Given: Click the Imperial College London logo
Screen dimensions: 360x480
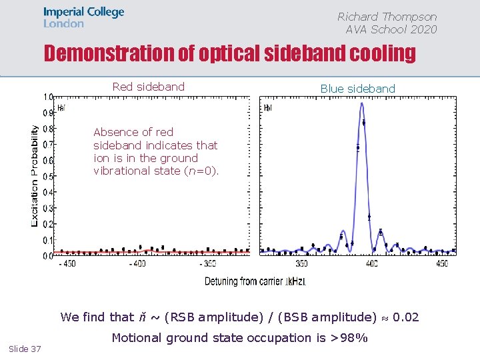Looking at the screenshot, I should [x=83, y=17].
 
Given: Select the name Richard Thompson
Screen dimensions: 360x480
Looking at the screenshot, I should [x=387, y=17].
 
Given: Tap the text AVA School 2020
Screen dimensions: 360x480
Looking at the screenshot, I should [x=391, y=29].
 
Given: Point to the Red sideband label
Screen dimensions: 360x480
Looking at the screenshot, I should [x=148, y=87].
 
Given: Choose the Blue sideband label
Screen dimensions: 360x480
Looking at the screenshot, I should [x=357, y=89].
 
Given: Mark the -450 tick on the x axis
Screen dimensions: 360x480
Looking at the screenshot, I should [x=66, y=264].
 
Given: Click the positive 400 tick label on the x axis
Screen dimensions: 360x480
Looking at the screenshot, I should [x=371, y=264].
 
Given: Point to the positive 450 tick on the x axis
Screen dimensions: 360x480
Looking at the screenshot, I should [x=441, y=264].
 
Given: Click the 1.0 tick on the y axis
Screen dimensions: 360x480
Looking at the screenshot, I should [x=49, y=97].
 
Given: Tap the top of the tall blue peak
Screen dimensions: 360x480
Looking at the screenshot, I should [x=361, y=103].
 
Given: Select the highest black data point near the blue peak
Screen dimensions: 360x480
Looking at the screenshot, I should [x=363, y=123].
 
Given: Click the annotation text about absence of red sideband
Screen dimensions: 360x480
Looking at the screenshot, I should [x=155, y=151].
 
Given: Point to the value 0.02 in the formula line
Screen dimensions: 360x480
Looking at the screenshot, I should [x=405, y=317].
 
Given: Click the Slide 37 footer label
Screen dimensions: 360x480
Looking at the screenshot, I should [x=25, y=349].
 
